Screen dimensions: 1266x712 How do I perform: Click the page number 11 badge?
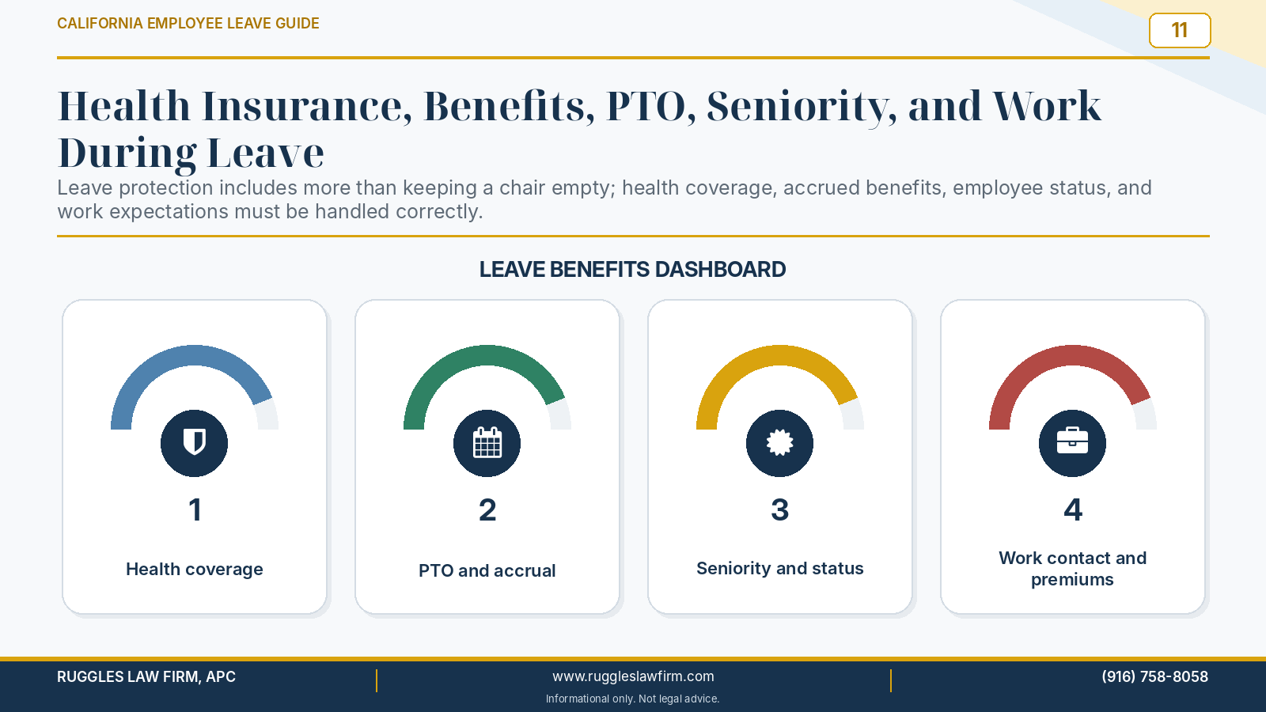[1180, 30]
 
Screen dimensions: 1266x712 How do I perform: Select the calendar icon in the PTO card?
[487, 442]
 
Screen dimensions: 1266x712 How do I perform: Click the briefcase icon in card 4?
[1072, 441]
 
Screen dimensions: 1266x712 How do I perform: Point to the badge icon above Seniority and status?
[780, 442]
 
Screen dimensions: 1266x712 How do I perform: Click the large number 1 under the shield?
[195, 509]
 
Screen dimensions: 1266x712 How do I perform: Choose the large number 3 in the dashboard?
[780, 509]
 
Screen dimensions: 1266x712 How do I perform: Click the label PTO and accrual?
[487, 570]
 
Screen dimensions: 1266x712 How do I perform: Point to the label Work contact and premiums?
[1072, 569]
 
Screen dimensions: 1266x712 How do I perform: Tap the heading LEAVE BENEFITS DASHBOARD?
[632, 270]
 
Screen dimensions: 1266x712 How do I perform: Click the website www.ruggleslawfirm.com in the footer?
[633, 676]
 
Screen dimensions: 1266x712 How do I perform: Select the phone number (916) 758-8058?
[1154, 676]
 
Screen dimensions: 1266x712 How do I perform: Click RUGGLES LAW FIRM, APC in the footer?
[146, 676]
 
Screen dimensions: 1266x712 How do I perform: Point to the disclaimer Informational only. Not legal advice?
[632, 699]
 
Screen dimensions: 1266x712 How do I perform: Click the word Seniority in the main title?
[802, 106]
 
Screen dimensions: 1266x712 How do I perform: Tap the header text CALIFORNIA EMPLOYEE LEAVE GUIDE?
[188, 23]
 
